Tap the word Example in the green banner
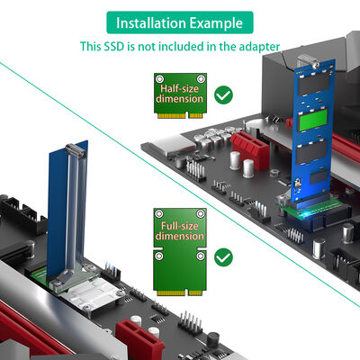[x=215, y=22]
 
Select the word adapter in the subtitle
[x=257, y=46]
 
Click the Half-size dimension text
[x=180, y=95]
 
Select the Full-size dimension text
[x=180, y=229]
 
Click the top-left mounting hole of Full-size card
[x=159, y=213]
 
